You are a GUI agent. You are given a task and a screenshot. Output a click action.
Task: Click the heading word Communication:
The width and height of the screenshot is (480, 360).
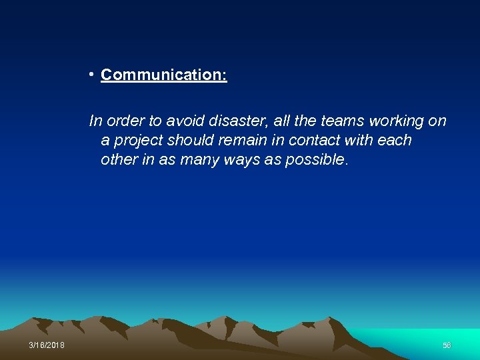[x=164, y=75]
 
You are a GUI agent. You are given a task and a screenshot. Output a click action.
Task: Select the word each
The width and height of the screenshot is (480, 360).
[x=395, y=141]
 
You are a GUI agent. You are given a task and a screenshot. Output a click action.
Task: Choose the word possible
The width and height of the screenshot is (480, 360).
[x=316, y=161]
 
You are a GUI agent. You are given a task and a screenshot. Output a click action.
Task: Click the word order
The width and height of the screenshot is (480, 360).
[x=125, y=121]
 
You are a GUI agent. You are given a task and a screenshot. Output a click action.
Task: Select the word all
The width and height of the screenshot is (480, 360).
[x=283, y=121]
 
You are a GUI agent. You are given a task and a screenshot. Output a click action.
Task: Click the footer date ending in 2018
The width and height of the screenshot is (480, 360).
[x=47, y=345]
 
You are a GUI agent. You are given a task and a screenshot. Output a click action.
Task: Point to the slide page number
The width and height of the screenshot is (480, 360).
[x=447, y=345]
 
